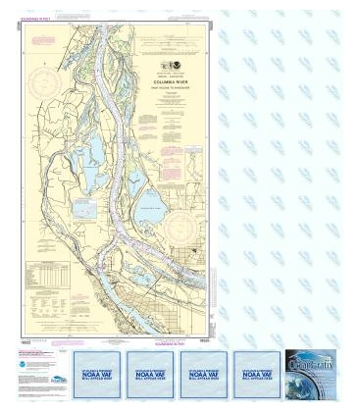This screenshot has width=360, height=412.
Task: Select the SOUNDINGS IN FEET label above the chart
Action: click(x=42, y=11)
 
